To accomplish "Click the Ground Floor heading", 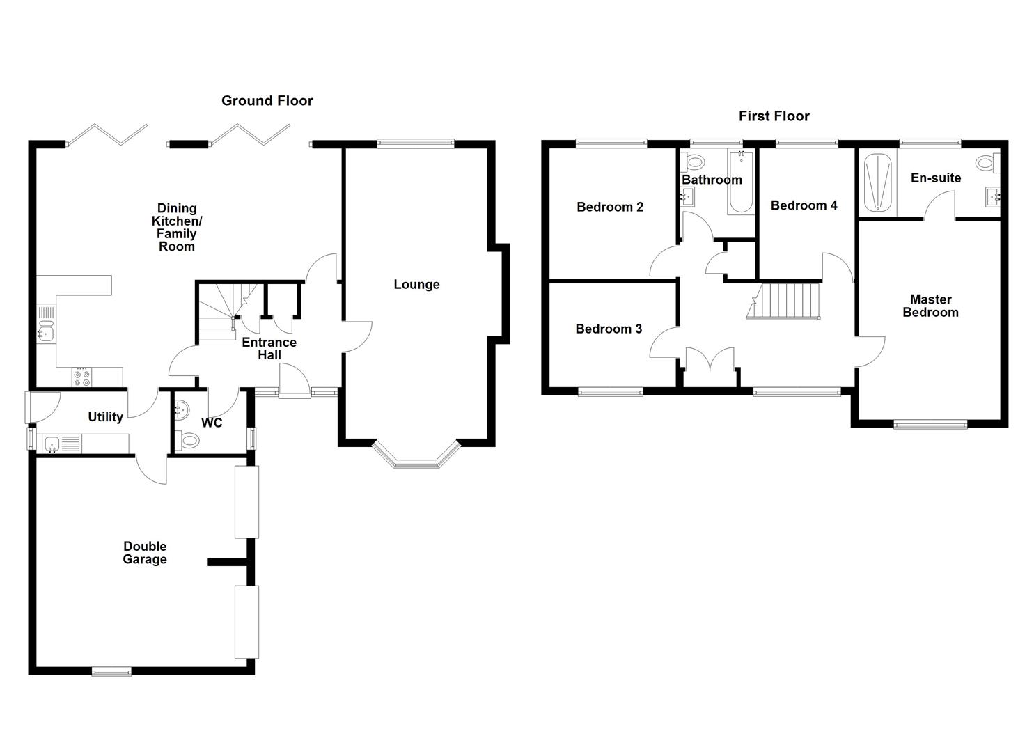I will [x=267, y=101].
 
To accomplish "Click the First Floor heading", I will [x=774, y=116].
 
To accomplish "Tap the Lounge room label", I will [x=416, y=284].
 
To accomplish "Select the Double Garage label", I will [x=145, y=553].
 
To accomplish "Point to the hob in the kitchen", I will [x=81, y=377].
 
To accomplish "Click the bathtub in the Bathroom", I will [x=739, y=182].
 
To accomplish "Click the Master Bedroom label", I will [x=930, y=306].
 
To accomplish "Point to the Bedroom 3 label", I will [x=609, y=329].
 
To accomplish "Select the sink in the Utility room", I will [x=51, y=442].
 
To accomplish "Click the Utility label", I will [x=105, y=417].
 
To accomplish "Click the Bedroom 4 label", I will [x=804, y=205].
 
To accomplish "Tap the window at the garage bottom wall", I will [x=111, y=672].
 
